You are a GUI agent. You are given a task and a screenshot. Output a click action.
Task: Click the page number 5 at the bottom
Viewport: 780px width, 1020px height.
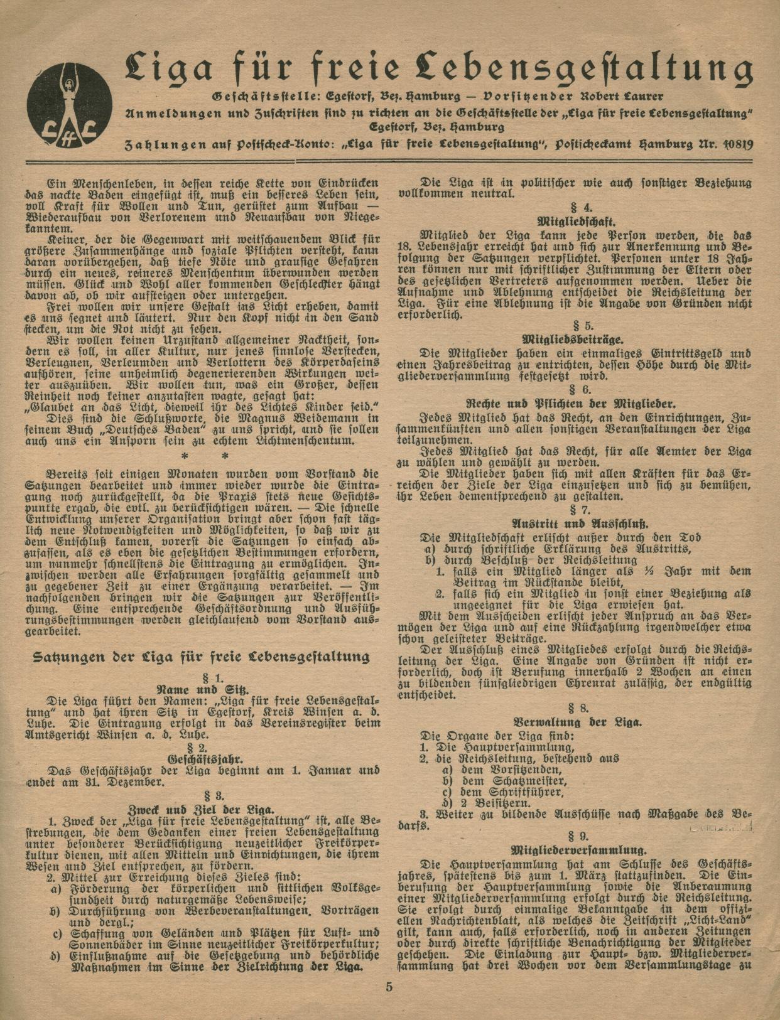click(389, 985)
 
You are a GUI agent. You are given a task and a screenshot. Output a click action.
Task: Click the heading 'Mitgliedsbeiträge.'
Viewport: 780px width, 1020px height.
click(577, 340)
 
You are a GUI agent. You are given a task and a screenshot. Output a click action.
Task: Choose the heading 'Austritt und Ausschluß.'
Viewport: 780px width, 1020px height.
click(577, 523)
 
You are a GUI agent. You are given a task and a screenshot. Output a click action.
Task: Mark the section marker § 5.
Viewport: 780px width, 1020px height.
click(577, 326)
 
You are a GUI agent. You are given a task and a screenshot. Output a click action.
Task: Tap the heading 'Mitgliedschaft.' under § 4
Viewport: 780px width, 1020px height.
click(577, 222)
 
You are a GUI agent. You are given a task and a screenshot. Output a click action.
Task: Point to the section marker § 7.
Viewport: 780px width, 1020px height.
click(577, 510)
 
